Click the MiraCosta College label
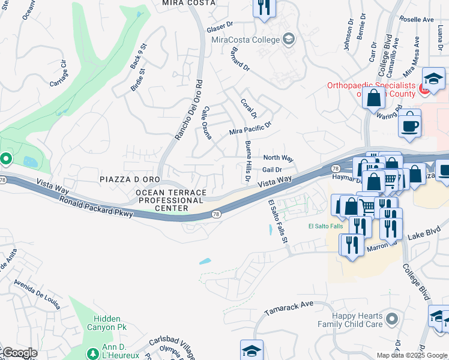tap(246, 40)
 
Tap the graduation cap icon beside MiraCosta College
tap(289, 40)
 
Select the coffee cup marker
tap(410, 125)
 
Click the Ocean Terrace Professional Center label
tap(171, 200)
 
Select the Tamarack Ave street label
tap(289, 308)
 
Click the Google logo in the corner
tap(19, 353)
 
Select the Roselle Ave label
tap(420, 19)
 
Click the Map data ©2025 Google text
tap(412, 355)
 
